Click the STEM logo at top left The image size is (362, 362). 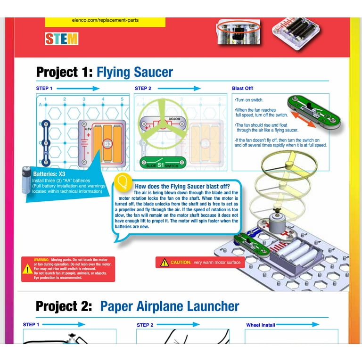point(62,39)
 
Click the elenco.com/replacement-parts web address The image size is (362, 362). point(106,20)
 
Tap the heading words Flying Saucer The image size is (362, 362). point(134,72)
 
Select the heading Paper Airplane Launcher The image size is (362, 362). point(170,306)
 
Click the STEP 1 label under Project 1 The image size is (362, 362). point(44,89)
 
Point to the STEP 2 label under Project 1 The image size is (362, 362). point(143,89)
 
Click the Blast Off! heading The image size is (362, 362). point(243,88)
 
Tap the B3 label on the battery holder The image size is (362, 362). point(107,143)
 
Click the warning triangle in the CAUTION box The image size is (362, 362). point(164,263)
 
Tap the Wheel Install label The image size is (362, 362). point(261,325)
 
